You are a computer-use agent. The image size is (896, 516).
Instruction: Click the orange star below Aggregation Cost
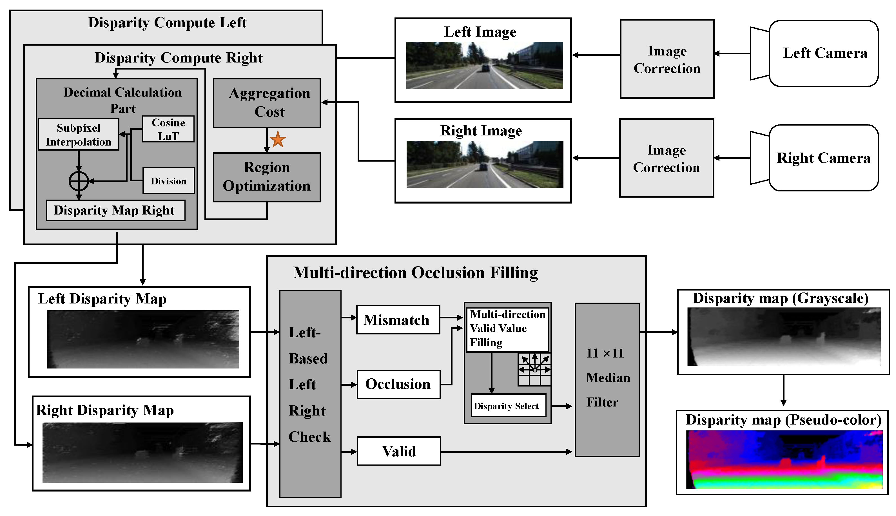[x=278, y=139]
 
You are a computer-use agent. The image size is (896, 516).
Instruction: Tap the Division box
[x=169, y=181]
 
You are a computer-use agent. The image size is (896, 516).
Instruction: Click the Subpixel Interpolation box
[x=78, y=135]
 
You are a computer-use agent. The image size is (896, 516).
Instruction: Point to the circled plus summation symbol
[x=79, y=181]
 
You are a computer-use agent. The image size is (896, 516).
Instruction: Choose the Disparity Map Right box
[x=115, y=211]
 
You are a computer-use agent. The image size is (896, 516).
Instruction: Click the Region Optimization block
[x=267, y=177]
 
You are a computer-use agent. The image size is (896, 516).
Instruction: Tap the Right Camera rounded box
[x=824, y=158]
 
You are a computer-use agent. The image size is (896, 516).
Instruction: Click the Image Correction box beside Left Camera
[x=667, y=59]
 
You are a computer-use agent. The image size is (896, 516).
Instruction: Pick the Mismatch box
[x=398, y=320]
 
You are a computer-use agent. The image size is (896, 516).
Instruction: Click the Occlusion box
[x=398, y=385]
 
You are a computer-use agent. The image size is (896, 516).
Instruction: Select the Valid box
[x=399, y=451]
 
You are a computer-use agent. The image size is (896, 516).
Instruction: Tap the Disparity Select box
[x=508, y=406]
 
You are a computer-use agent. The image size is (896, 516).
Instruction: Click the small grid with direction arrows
[x=534, y=369]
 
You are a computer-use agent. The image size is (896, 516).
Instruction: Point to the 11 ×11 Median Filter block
[x=607, y=379]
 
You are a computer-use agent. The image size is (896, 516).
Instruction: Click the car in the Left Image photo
[x=485, y=68]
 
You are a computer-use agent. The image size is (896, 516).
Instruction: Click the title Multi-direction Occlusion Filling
[x=415, y=273]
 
